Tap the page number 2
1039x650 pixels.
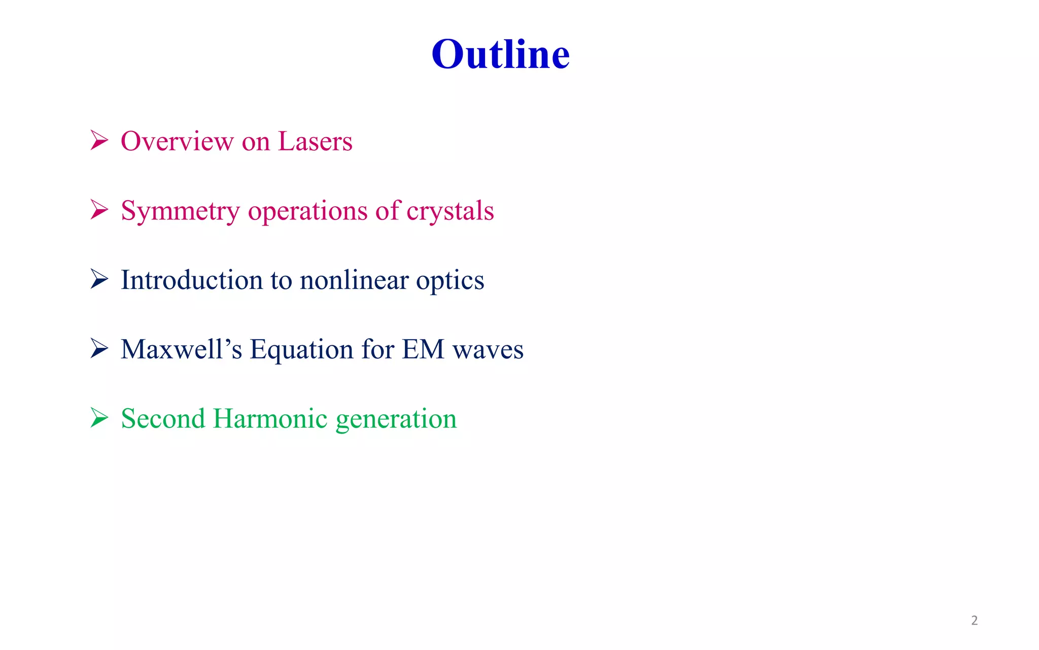coord(974,620)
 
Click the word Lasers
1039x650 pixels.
coord(315,141)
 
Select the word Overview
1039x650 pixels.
coord(177,141)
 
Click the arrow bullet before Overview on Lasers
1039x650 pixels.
coord(99,140)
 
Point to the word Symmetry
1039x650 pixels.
coord(180,211)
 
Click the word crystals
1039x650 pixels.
coord(450,211)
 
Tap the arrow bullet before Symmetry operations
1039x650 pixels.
coord(99,210)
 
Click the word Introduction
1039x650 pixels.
coord(191,280)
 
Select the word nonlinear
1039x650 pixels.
coord(354,280)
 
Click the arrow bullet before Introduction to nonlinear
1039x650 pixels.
coord(99,279)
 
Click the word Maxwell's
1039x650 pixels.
coord(181,349)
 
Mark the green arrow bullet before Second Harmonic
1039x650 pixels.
coord(99,417)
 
